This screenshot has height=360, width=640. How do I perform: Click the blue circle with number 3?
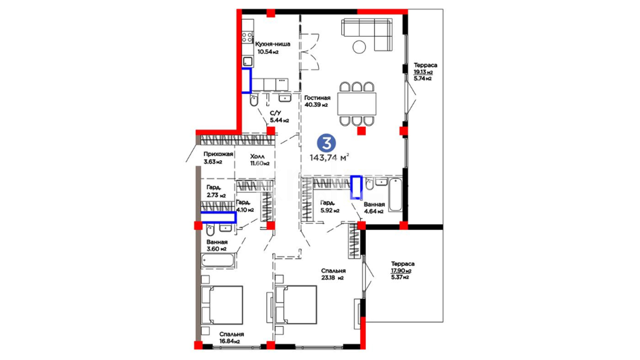coord(326,143)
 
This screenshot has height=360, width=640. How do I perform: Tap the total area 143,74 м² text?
coord(329,157)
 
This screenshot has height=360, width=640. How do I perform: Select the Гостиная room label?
coord(317,98)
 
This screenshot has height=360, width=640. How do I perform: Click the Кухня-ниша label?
coord(273,44)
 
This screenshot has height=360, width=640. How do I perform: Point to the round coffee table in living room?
coord(360,47)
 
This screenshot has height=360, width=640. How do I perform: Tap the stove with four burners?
coord(247,37)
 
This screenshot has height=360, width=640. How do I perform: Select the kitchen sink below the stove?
coord(247,61)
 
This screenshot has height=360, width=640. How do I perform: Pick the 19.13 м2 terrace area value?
coord(423,72)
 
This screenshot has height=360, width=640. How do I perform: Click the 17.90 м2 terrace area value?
coord(401,271)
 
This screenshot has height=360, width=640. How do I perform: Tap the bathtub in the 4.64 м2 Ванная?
coord(396,195)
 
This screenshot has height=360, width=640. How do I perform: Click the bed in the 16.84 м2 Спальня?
coord(222,305)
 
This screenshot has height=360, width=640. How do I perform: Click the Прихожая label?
coord(218,154)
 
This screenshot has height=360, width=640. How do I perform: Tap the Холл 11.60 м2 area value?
coord(260,163)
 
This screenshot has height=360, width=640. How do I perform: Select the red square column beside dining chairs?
coord(361,131)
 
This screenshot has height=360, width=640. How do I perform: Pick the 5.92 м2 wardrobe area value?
coord(330,211)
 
